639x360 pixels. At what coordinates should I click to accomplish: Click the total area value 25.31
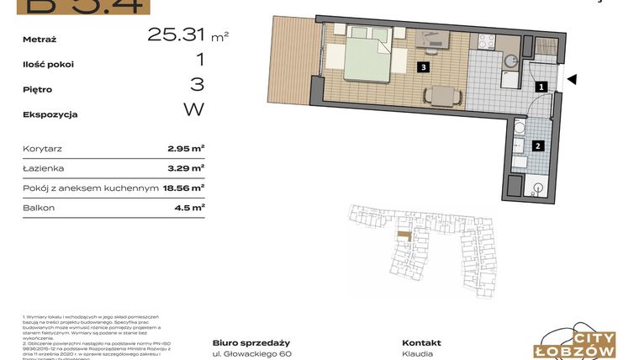[x=177, y=34]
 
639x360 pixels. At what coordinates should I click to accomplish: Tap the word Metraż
[x=45, y=39]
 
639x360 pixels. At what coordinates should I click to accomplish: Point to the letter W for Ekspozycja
[x=193, y=109]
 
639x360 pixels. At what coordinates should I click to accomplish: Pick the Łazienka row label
[x=44, y=168]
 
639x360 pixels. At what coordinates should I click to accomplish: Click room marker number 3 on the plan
[x=425, y=67]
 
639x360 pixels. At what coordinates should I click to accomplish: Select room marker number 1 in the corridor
[x=542, y=86]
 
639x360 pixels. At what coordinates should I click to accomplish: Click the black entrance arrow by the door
[x=572, y=81]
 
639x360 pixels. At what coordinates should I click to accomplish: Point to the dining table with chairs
[x=442, y=97]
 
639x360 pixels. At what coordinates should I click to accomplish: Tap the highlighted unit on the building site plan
[x=405, y=236]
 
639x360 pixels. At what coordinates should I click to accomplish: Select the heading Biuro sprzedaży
[x=251, y=342]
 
